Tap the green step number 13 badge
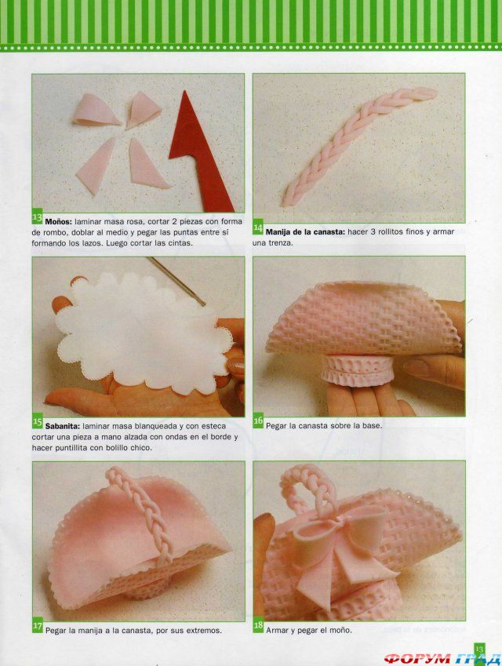pyautogui.click(x=38, y=218)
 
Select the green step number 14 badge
pyautogui.click(x=258, y=227)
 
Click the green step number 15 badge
pyautogui.click(x=38, y=422)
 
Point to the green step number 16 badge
pyautogui.click(x=258, y=421)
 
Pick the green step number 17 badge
pyautogui.click(x=38, y=627)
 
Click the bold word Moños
pyautogui.click(x=59, y=221)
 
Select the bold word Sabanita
pyautogui.click(x=63, y=426)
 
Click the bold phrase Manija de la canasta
pyautogui.click(x=305, y=232)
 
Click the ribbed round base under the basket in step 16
pyautogui.click(x=357, y=371)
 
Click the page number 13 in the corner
pyautogui.click(x=479, y=650)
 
